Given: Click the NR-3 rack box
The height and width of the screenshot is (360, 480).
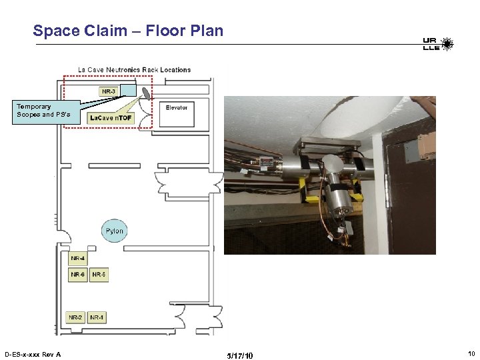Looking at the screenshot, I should coord(108,91).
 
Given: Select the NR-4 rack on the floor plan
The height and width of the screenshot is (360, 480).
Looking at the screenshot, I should coord(77,258).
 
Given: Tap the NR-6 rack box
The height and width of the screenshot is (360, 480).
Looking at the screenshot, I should coord(77,274).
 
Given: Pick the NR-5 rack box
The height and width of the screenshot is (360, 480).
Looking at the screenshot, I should coord(99,274).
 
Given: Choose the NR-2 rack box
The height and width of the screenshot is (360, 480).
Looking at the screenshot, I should coord(76,317).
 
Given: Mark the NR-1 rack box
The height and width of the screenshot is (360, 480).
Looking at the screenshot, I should coord(97,317).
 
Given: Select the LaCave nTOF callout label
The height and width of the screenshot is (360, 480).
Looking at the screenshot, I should coord(111,118).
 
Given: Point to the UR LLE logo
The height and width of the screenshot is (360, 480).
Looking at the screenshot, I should coord(437,45).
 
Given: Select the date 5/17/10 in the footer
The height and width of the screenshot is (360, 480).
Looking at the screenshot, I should coord(240,355).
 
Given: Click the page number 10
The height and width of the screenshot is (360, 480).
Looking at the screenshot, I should coord(471,353).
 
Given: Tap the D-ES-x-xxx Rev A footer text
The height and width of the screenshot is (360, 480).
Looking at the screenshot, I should coord(33,354).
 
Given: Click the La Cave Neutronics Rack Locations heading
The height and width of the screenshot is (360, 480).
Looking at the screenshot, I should coord(134,69).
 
